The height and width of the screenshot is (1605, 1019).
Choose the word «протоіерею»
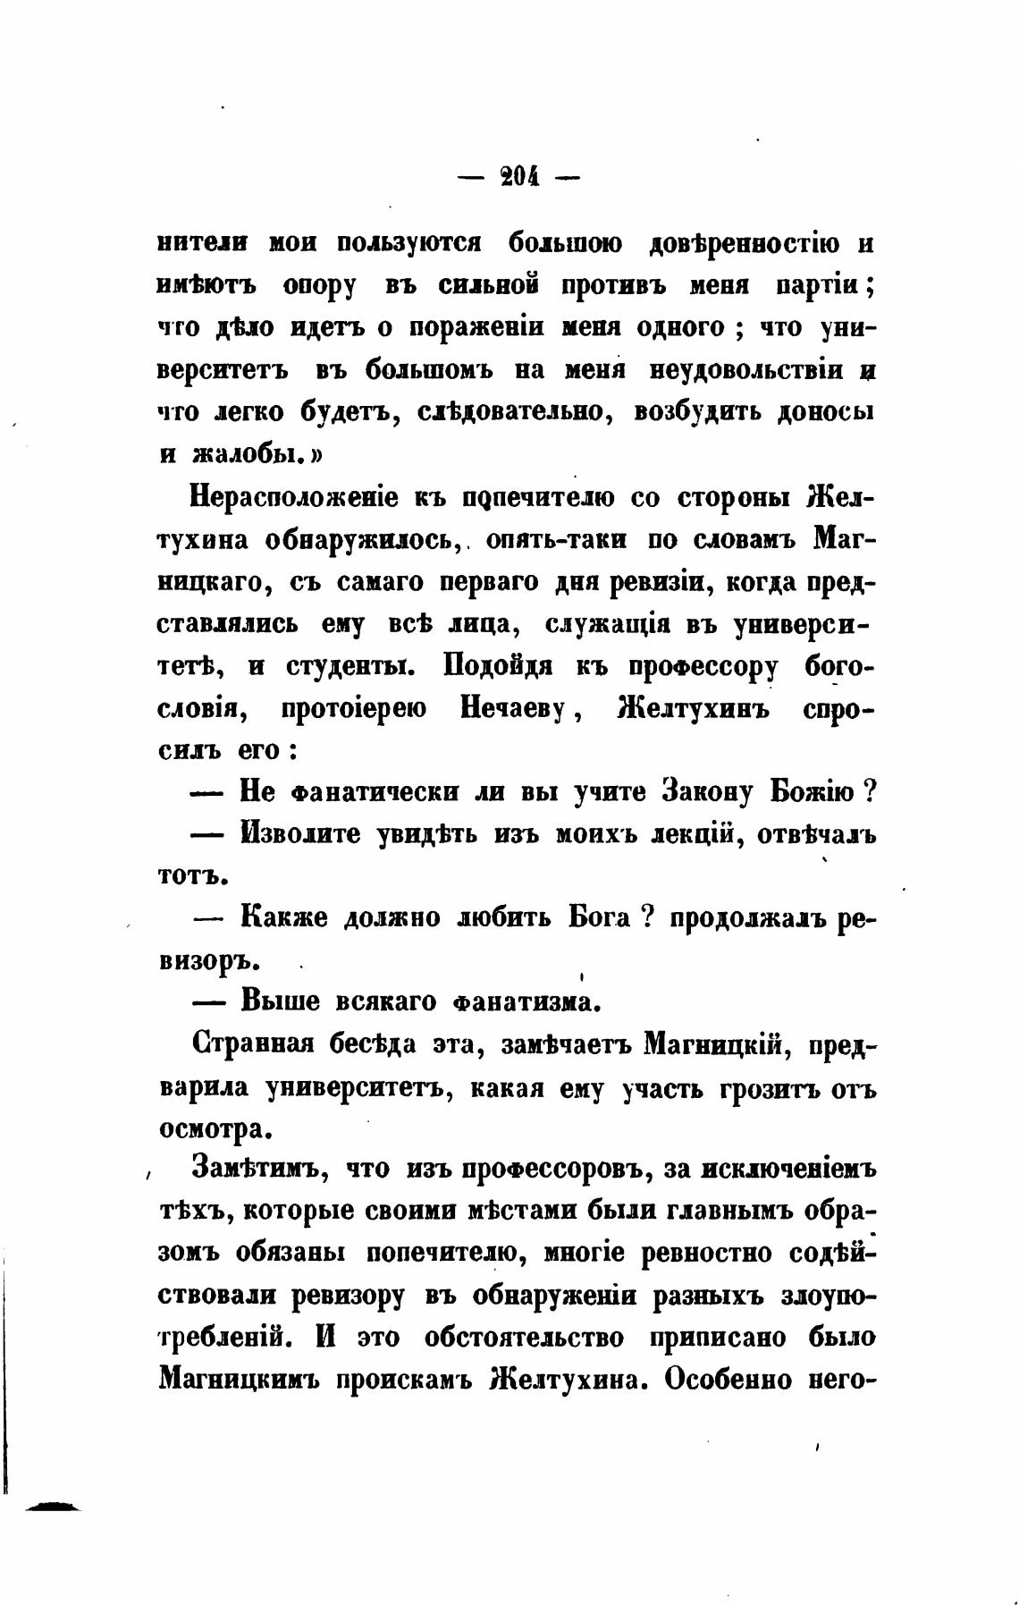point(353,709)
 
